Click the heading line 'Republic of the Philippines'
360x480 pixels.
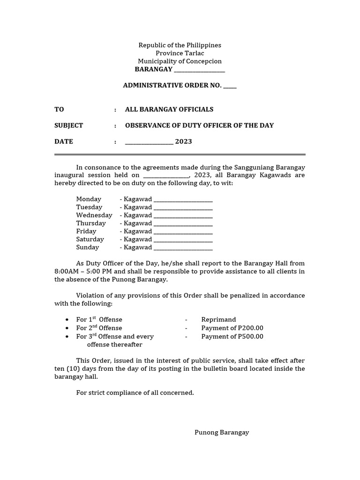pos(180,45)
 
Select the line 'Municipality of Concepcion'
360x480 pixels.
pos(180,61)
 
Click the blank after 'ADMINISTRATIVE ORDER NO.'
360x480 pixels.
pos(230,86)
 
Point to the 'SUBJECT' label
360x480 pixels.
pos(68,125)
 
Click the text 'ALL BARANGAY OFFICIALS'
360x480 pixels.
pos(169,109)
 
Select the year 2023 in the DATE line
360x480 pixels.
pos(184,142)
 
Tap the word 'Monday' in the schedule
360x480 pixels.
pos(89,199)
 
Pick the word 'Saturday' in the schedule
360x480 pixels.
pos(90,239)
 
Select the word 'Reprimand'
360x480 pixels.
pos(218,320)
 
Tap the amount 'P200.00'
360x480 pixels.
pos(249,328)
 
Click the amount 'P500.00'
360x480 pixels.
pos(249,337)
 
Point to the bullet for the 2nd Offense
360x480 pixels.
pos(67,328)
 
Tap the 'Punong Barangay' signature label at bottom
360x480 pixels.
pos(222,433)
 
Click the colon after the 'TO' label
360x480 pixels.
pos(115,109)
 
